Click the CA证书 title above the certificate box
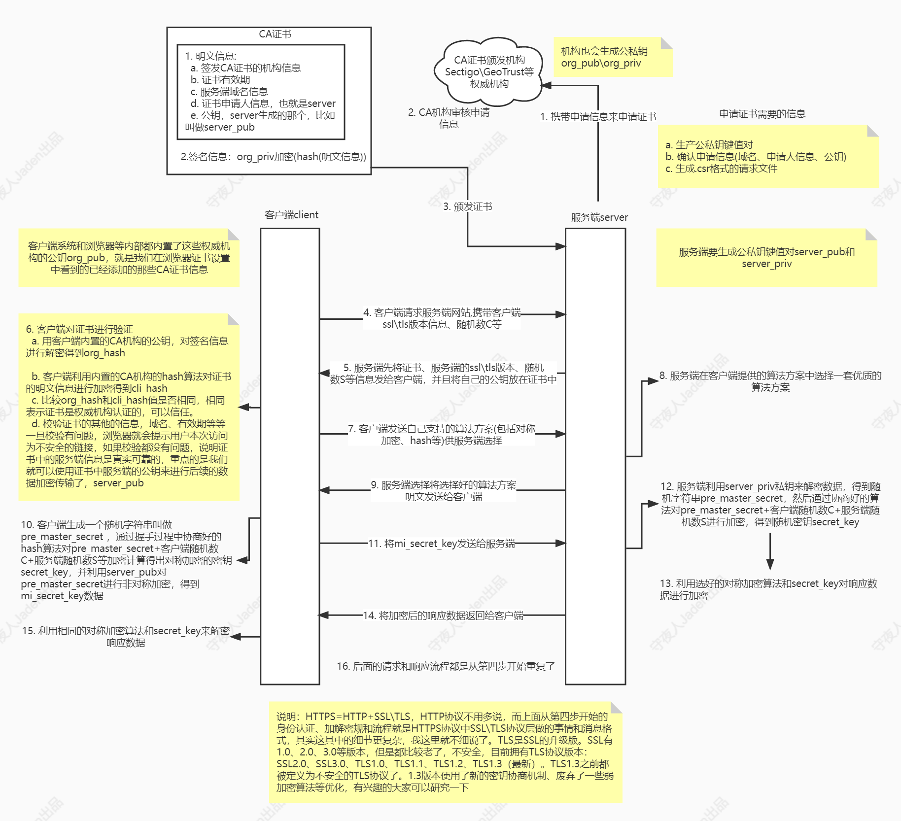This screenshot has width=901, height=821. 275,34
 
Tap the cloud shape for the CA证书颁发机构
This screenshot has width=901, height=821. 489,72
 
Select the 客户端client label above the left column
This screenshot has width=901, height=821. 291,215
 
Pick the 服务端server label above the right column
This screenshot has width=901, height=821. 599,217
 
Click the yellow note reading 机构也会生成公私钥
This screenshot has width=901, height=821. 613,57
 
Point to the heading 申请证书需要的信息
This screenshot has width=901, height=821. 762,114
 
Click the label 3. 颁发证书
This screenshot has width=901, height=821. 467,206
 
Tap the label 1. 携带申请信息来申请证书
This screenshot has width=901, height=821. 598,117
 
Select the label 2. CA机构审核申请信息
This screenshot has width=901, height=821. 449,118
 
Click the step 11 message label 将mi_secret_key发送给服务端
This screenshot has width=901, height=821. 442,544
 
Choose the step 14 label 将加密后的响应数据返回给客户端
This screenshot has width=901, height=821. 443,616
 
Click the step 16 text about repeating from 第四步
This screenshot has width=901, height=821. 446,666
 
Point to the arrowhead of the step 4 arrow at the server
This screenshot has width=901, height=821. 560,314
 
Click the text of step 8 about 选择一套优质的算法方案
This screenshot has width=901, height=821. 770,381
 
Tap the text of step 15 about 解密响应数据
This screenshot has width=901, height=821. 126,637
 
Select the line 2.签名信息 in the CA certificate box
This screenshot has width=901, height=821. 273,157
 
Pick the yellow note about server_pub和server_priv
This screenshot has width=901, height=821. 766,258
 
